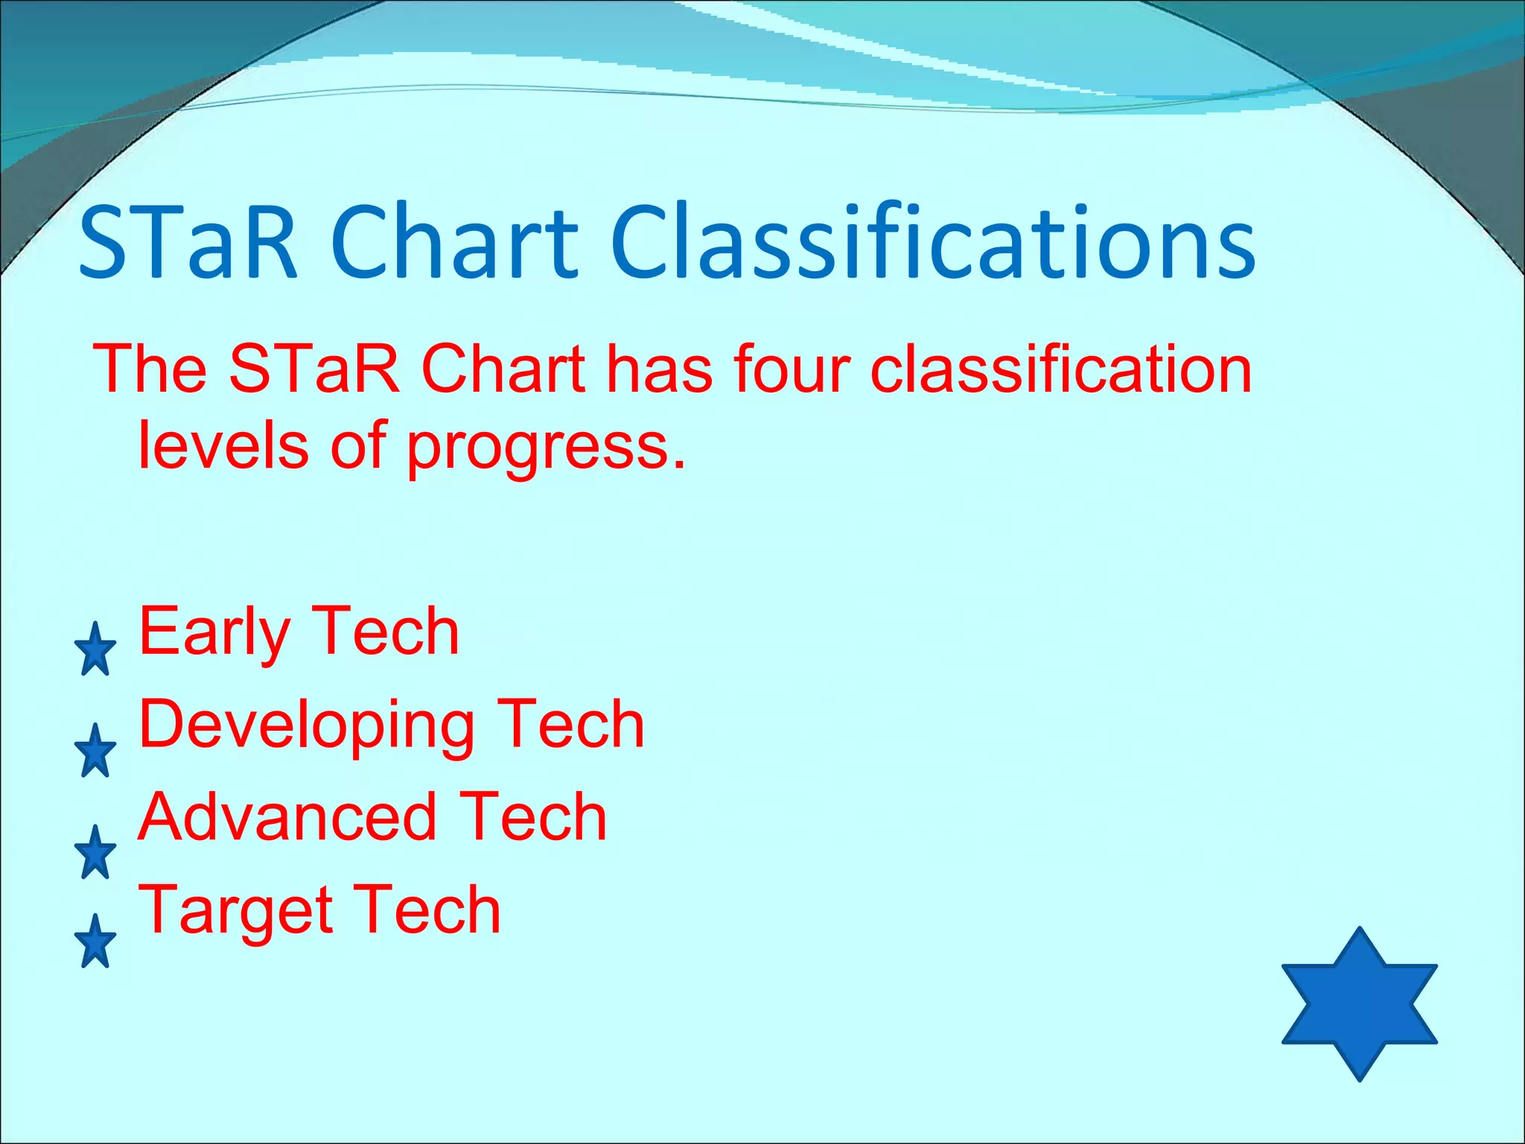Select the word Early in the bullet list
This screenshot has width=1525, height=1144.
click(x=214, y=634)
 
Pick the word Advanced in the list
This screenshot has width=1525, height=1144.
click(x=287, y=817)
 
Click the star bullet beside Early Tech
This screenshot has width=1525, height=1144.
click(x=95, y=650)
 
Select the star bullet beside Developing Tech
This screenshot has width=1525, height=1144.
click(x=95, y=751)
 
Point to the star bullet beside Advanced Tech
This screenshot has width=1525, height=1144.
click(x=95, y=853)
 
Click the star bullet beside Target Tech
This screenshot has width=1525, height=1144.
click(x=95, y=942)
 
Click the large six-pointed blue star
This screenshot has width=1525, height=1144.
click(x=1359, y=1004)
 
